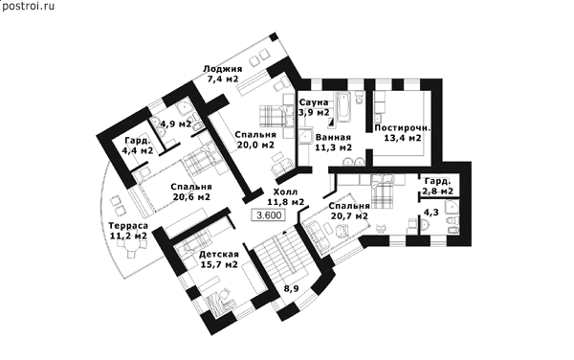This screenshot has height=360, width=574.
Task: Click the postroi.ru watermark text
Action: click(28, 6)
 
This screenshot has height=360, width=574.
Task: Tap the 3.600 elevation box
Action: click(269, 215)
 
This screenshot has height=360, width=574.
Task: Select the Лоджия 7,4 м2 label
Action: click(223, 74)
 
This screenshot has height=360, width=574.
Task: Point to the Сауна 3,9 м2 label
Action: click(314, 107)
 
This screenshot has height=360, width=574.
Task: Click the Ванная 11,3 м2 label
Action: click(333, 143)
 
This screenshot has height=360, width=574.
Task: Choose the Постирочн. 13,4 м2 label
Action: click(402, 133)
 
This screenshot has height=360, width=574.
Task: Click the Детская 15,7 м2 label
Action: click(219, 259)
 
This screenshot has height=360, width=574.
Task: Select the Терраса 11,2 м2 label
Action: click(128, 231)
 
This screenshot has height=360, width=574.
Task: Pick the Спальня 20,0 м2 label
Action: click(255, 140)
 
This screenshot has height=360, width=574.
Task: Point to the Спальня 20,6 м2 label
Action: click(191, 191)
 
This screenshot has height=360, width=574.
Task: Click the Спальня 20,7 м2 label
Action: click(349, 211)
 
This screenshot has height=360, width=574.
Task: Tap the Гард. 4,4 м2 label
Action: click(137, 146)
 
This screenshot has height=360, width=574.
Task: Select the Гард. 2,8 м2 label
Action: click(438, 186)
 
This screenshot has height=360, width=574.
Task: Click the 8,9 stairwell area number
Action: click(292, 289)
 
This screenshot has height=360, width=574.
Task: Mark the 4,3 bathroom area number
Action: click(430, 213)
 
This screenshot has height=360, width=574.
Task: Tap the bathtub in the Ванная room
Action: click(344, 107)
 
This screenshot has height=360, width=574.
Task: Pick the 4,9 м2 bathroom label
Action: click(176, 124)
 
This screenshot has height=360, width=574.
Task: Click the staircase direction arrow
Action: click(284, 233)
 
